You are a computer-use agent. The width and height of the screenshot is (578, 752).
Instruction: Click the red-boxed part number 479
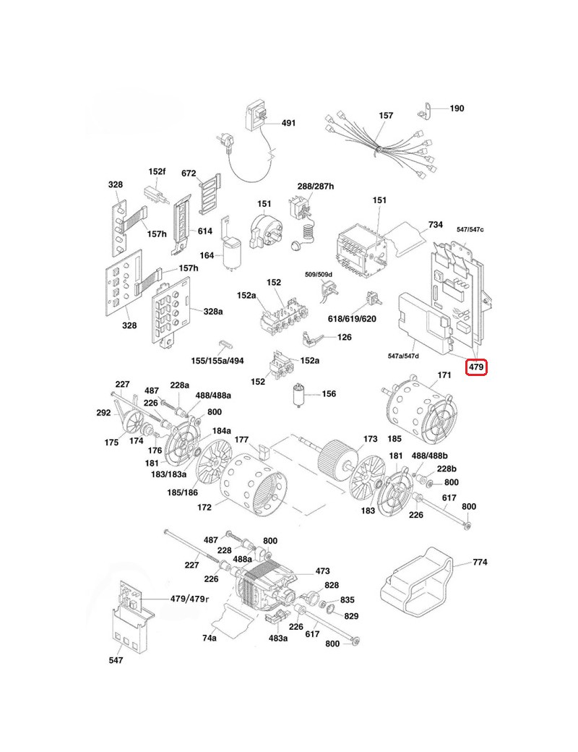(x=476, y=367)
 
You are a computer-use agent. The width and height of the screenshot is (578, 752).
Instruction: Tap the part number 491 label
(x=288, y=124)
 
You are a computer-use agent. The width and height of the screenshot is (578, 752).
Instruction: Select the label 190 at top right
(x=457, y=108)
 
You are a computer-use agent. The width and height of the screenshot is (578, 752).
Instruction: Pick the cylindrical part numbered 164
(x=231, y=254)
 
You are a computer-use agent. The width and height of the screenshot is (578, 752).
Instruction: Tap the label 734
(x=436, y=225)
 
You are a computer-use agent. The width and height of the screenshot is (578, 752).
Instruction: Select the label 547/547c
(x=470, y=229)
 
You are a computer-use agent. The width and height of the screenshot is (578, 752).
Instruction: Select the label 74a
(x=210, y=638)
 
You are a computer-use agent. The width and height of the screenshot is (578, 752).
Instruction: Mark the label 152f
(x=157, y=171)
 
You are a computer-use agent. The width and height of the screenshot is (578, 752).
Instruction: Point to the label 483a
(x=278, y=638)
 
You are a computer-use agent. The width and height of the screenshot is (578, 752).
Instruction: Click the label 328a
(x=213, y=311)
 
